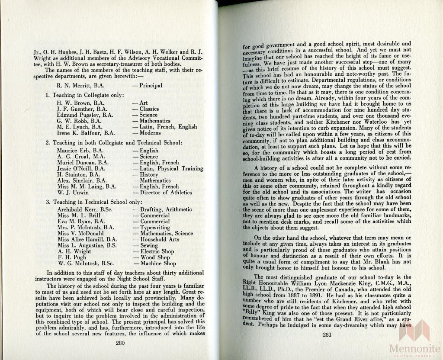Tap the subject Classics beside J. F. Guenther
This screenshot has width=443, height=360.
[149, 109]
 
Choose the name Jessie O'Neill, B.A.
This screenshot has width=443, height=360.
[81, 169]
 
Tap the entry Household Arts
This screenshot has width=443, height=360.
[159, 239]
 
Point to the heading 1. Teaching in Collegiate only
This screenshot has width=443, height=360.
[85, 95]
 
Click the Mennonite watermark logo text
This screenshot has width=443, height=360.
[414, 348]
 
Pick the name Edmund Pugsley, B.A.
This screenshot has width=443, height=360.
[85, 115]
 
